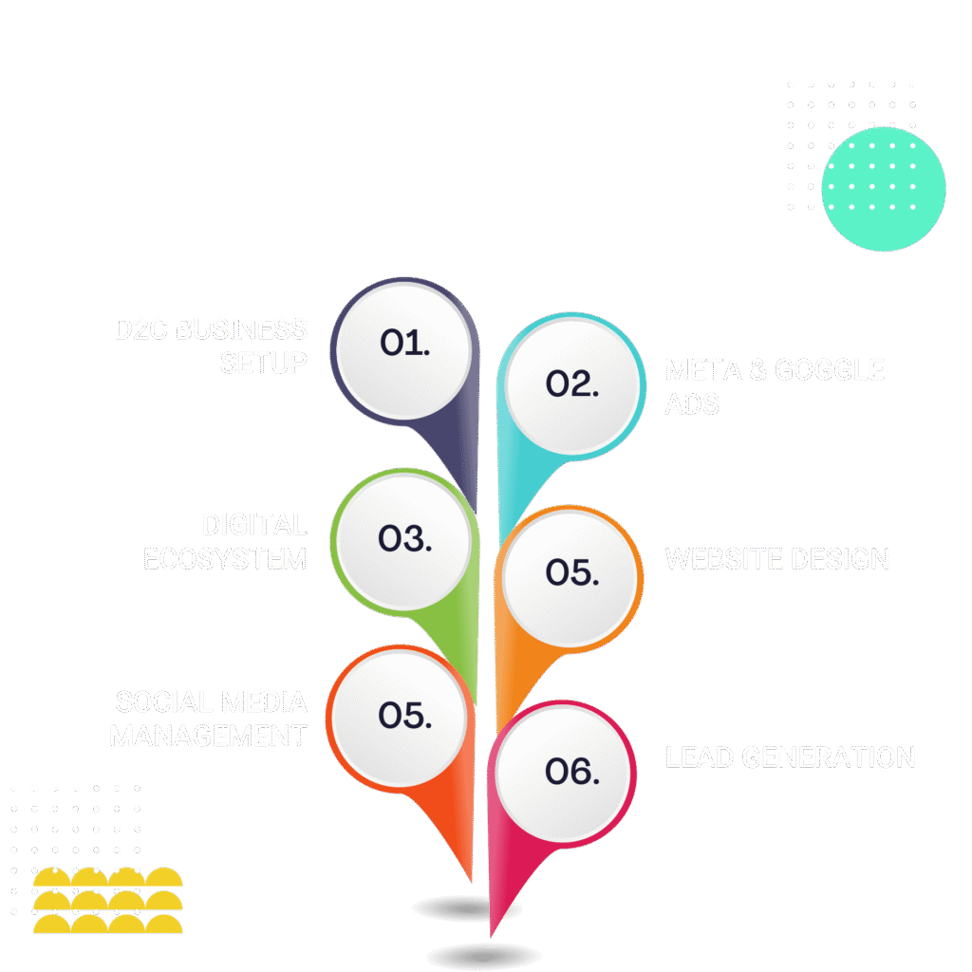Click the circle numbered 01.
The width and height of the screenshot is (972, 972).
click(404, 347)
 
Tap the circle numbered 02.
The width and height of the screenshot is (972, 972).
click(572, 385)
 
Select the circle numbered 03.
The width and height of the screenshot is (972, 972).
click(404, 540)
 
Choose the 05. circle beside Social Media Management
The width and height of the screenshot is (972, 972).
click(404, 717)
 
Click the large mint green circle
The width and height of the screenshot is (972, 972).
click(883, 188)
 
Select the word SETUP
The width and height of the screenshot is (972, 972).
click(264, 363)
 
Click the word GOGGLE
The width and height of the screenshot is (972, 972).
click(830, 370)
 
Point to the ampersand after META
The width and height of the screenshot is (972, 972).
click(757, 370)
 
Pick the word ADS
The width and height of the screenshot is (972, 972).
click(691, 404)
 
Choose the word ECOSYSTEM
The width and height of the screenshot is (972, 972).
click(225, 558)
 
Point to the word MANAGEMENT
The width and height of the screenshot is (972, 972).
click(208, 736)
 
